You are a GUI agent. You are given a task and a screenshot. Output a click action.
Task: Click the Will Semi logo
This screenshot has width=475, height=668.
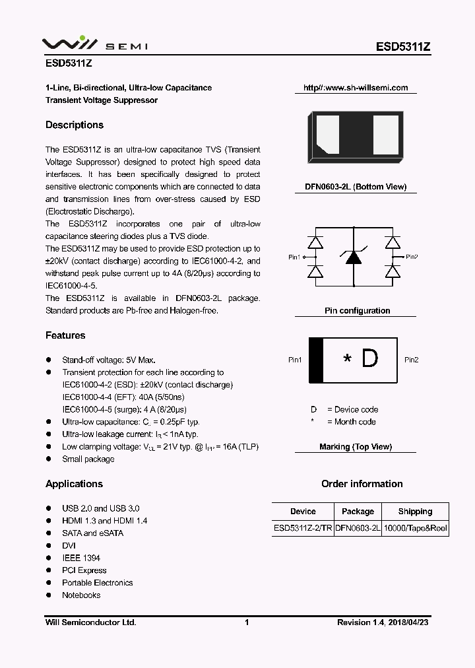(94, 44)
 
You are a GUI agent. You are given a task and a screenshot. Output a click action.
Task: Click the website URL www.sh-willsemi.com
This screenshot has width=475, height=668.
(356, 88)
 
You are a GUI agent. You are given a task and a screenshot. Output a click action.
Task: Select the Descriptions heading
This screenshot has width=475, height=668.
(75, 125)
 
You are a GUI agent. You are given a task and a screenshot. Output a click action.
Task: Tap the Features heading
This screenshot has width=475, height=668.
(65, 335)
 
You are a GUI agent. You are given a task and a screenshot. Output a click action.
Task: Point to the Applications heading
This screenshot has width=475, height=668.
(74, 484)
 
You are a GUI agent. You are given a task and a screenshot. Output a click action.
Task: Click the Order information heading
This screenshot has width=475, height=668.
(362, 484)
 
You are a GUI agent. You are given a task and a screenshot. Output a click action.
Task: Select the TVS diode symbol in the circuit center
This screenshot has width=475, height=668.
(354, 257)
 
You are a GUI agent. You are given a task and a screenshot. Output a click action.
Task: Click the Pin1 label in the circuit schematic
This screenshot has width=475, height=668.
(294, 257)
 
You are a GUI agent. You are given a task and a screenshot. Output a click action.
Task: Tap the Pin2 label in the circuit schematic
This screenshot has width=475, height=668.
(412, 257)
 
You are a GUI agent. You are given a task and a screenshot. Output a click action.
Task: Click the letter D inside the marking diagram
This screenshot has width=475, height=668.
(370, 359)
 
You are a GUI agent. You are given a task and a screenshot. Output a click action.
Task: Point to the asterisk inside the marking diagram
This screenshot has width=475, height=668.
(348, 360)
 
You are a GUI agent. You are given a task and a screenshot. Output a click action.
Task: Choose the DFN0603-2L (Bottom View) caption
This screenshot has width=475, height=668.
(356, 187)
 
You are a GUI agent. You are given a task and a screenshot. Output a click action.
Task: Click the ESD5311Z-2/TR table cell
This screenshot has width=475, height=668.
(303, 529)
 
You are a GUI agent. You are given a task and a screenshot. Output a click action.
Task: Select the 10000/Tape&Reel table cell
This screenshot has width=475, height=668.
(415, 529)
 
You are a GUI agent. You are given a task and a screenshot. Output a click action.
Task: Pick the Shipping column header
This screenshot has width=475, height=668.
(415, 512)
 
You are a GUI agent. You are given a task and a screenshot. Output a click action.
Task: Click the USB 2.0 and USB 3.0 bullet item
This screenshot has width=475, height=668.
(100, 508)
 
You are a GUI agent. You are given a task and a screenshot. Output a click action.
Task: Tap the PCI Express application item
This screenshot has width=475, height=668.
(84, 570)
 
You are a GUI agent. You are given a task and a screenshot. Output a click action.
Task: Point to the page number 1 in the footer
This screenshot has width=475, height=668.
(246, 622)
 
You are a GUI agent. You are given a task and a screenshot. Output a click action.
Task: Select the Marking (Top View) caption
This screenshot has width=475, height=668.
(356, 447)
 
